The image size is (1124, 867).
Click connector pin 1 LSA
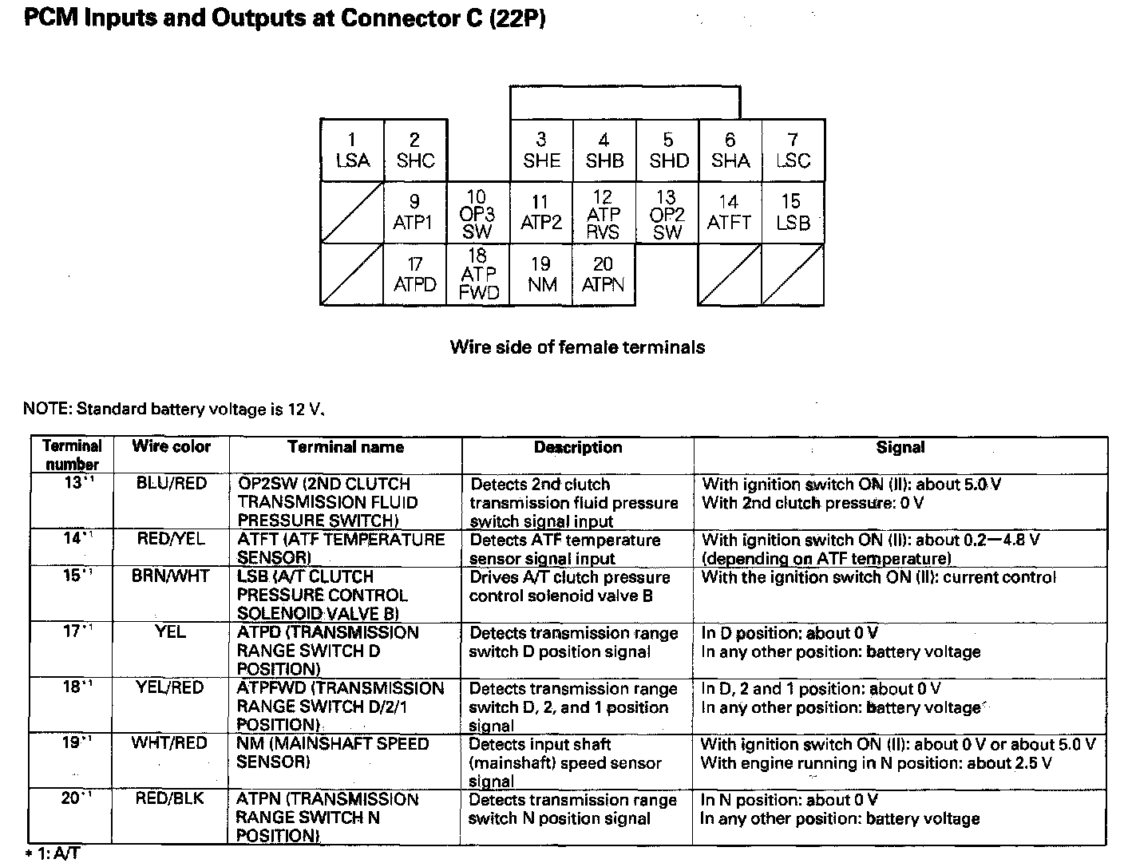(352, 151)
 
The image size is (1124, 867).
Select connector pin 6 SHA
(730, 151)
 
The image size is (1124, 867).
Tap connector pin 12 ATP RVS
(604, 213)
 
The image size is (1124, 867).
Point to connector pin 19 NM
(541, 275)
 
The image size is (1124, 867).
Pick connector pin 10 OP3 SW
(477, 213)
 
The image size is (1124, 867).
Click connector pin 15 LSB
(793, 213)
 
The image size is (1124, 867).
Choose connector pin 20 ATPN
(604, 275)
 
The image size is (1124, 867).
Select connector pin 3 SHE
(541, 151)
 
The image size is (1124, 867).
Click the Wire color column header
(171, 447)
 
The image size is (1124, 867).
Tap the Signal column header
(900, 448)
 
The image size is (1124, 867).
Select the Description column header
(578, 448)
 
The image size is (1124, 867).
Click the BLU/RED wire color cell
(171, 484)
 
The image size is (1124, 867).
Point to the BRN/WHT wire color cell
(171, 576)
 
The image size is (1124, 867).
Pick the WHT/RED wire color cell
(171, 744)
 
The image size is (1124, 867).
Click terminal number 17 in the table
(73, 632)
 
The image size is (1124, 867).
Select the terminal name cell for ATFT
(341, 548)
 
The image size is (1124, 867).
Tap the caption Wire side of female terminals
(577, 347)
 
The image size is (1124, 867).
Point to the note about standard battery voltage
(174, 410)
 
